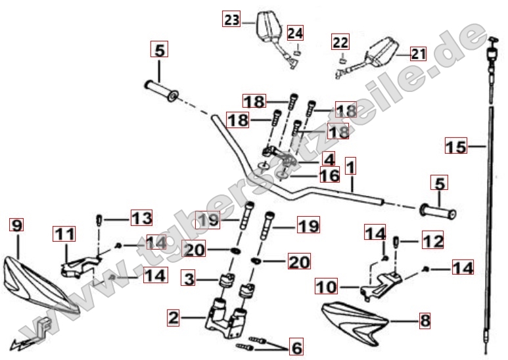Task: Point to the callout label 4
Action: tap(329, 158)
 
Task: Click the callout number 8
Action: tap(425, 321)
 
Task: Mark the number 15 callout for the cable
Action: tap(455, 146)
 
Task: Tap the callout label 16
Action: tap(329, 175)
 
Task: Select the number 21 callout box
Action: tap(418, 54)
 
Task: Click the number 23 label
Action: tap(232, 21)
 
